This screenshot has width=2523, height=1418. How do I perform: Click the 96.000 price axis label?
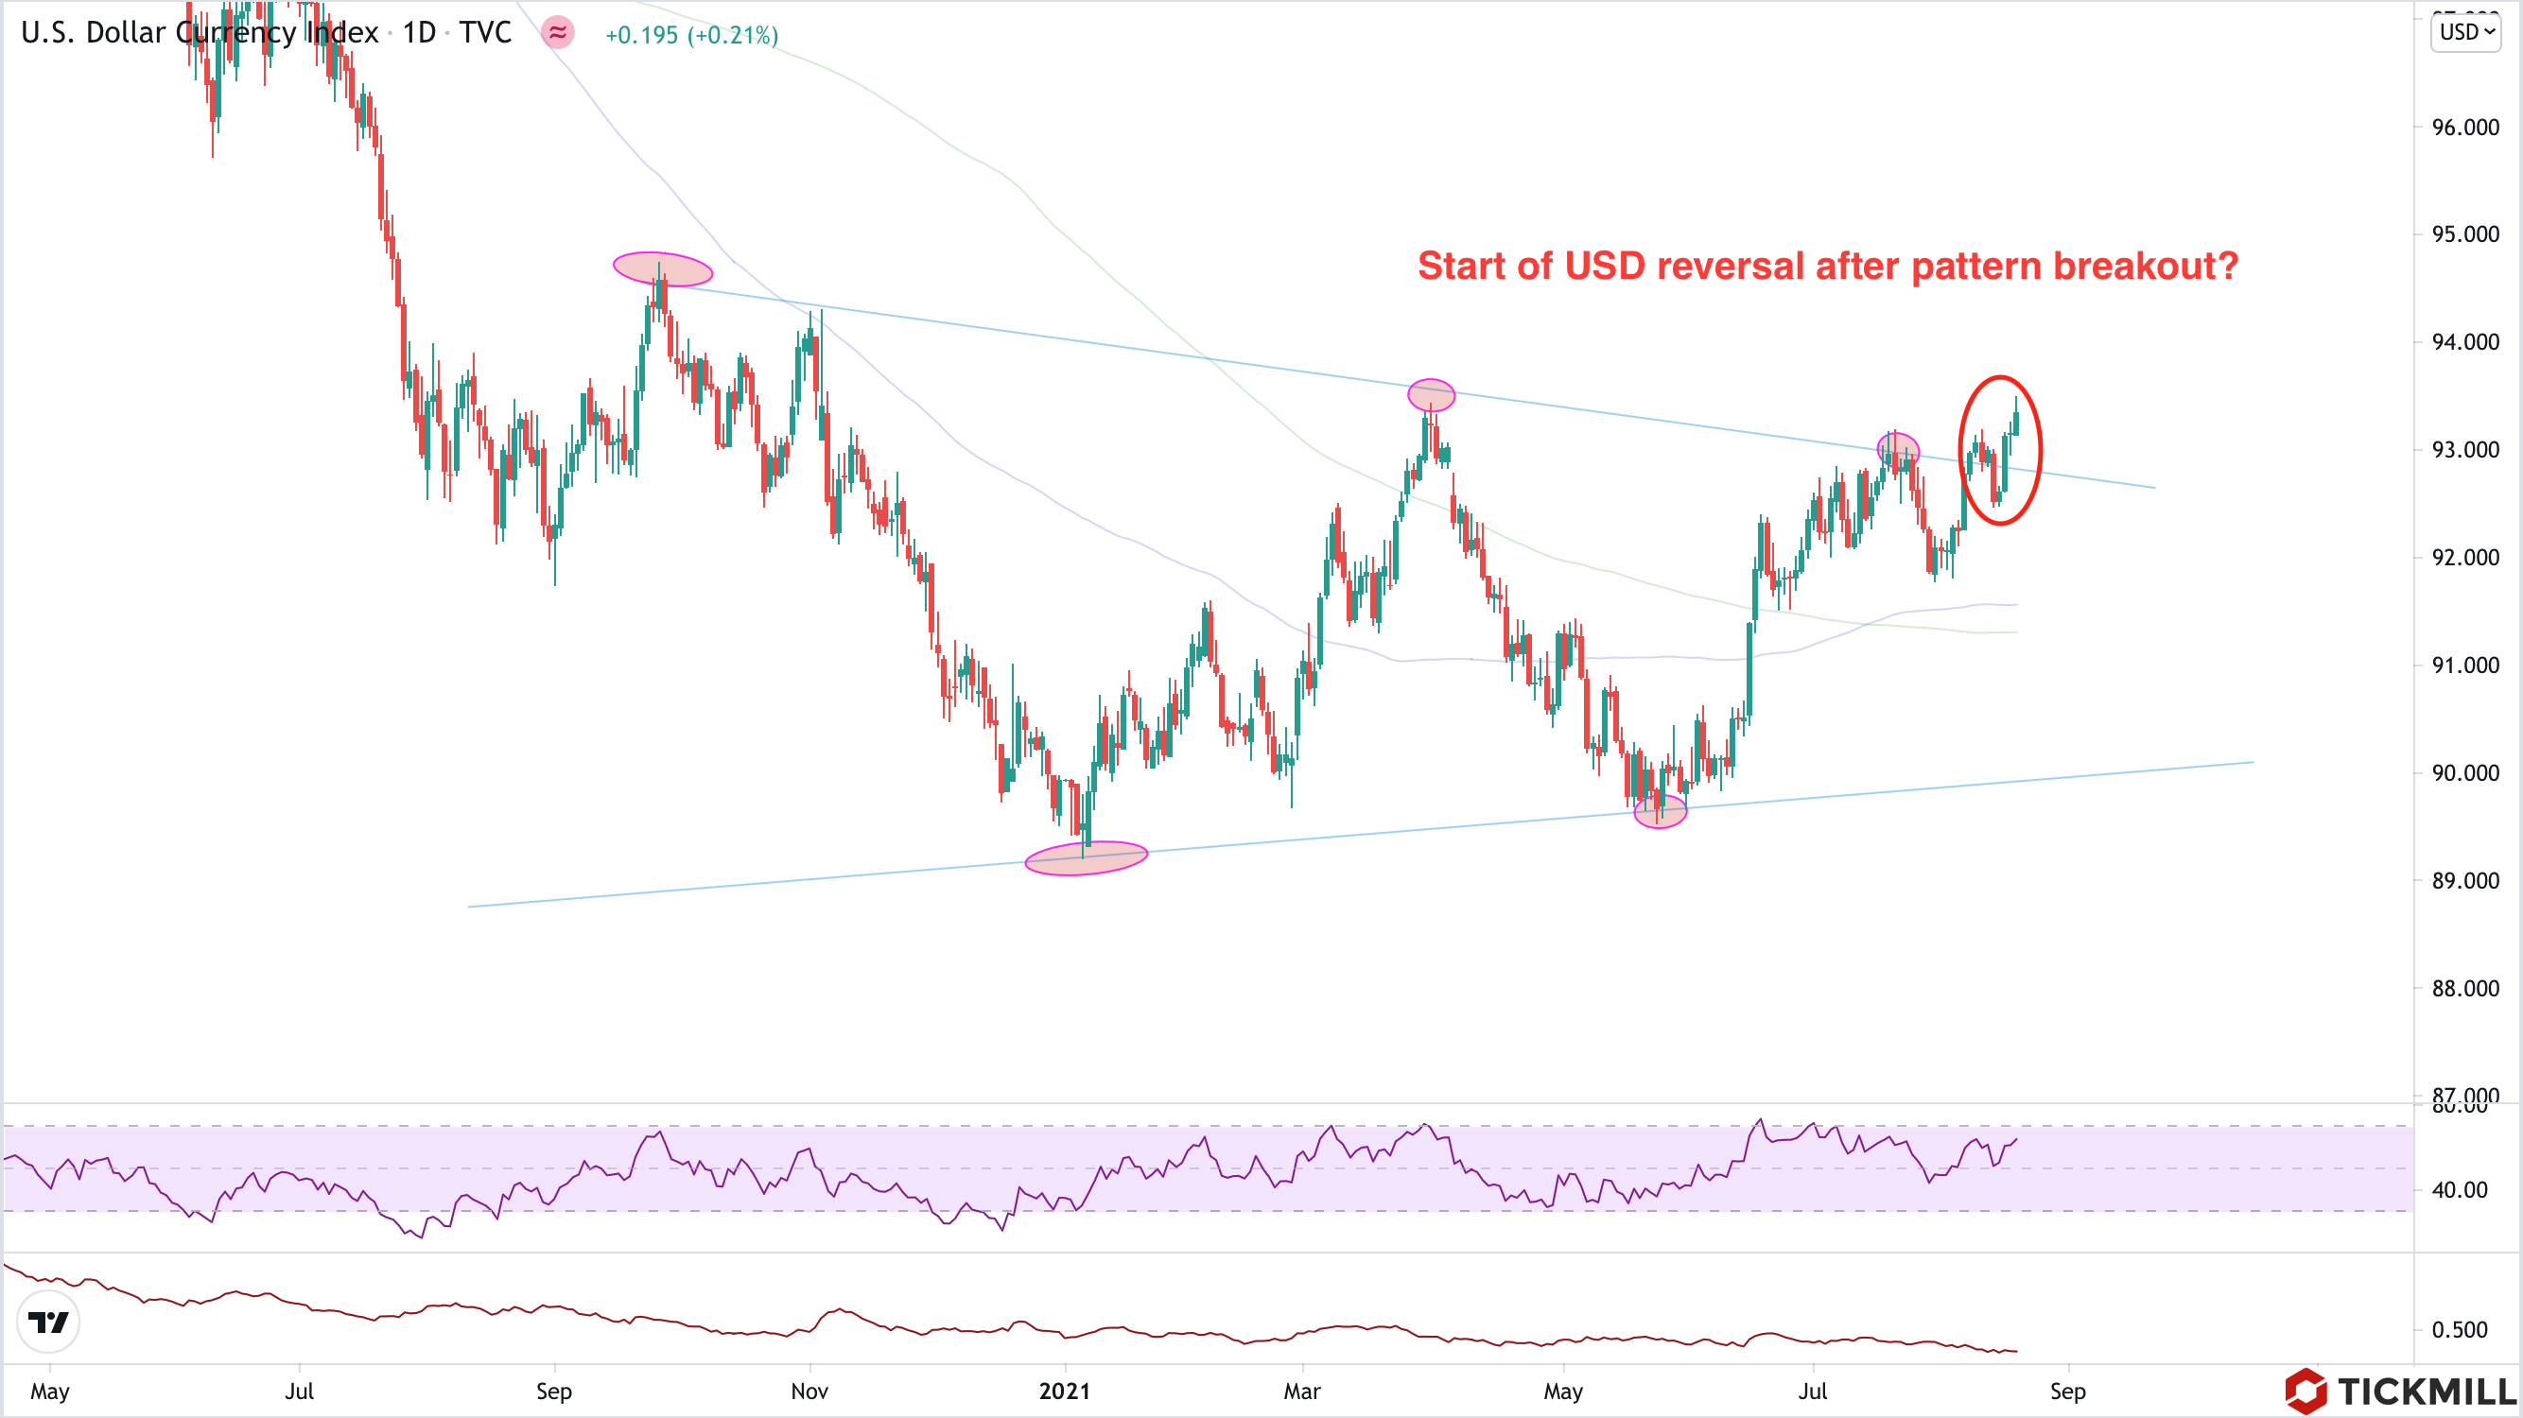[2464, 128]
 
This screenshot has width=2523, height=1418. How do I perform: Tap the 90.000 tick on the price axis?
[2464, 773]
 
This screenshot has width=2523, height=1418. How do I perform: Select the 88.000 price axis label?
[2464, 989]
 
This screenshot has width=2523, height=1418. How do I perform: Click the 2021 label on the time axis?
[1065, 1392]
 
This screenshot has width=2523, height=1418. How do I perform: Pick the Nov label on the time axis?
[809, 1392]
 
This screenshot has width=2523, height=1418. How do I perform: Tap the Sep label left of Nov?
[553, 1392]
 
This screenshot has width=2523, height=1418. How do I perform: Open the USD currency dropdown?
[2465, 32]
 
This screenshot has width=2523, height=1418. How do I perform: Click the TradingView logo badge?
[48, 1322]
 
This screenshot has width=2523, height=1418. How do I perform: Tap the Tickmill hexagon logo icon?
[2305, 1392]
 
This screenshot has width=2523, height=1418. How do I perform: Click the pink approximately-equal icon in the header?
[557, 33]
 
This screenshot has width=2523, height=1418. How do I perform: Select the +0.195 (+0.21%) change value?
[691, 35]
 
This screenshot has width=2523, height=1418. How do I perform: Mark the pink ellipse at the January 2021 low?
[1086, 857]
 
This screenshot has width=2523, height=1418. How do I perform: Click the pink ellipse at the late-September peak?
[662, 268]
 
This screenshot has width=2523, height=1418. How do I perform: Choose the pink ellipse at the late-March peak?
[1431, 394]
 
